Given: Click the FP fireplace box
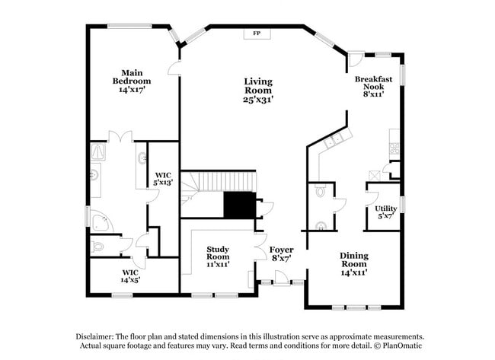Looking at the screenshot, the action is click(257, 33).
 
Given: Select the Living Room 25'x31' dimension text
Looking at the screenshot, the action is click(258, 100).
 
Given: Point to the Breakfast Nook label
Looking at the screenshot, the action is click(373, 83).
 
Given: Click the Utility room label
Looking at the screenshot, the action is click(386, 209).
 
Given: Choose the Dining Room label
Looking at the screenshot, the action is click(354, 260).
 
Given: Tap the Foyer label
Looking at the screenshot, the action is click(281, 250).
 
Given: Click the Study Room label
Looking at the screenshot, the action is click(218, 253).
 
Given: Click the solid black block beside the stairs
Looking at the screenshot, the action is click(240, 205).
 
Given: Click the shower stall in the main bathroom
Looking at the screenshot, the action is click(98, 151).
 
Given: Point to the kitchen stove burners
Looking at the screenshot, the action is click(394, 148).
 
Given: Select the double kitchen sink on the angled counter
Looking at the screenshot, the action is click(334, 141).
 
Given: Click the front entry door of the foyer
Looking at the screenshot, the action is click(281, 279).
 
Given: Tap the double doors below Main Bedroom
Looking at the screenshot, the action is click(120, 137).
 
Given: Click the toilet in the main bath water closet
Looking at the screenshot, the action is click(97, 246).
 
